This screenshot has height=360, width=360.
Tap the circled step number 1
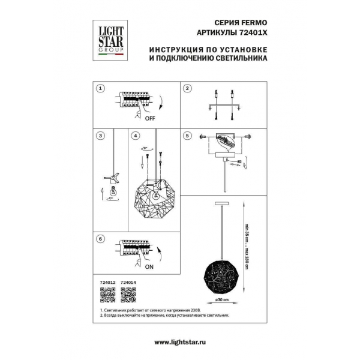pos(101,88)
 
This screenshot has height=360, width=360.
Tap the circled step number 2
pos(187,88)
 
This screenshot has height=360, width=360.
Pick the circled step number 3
pos(101,136)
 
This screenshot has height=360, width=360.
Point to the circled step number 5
pos(187,136)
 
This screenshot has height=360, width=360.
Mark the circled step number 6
pos(101,239)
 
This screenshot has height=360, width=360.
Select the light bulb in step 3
pos(112,193)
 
